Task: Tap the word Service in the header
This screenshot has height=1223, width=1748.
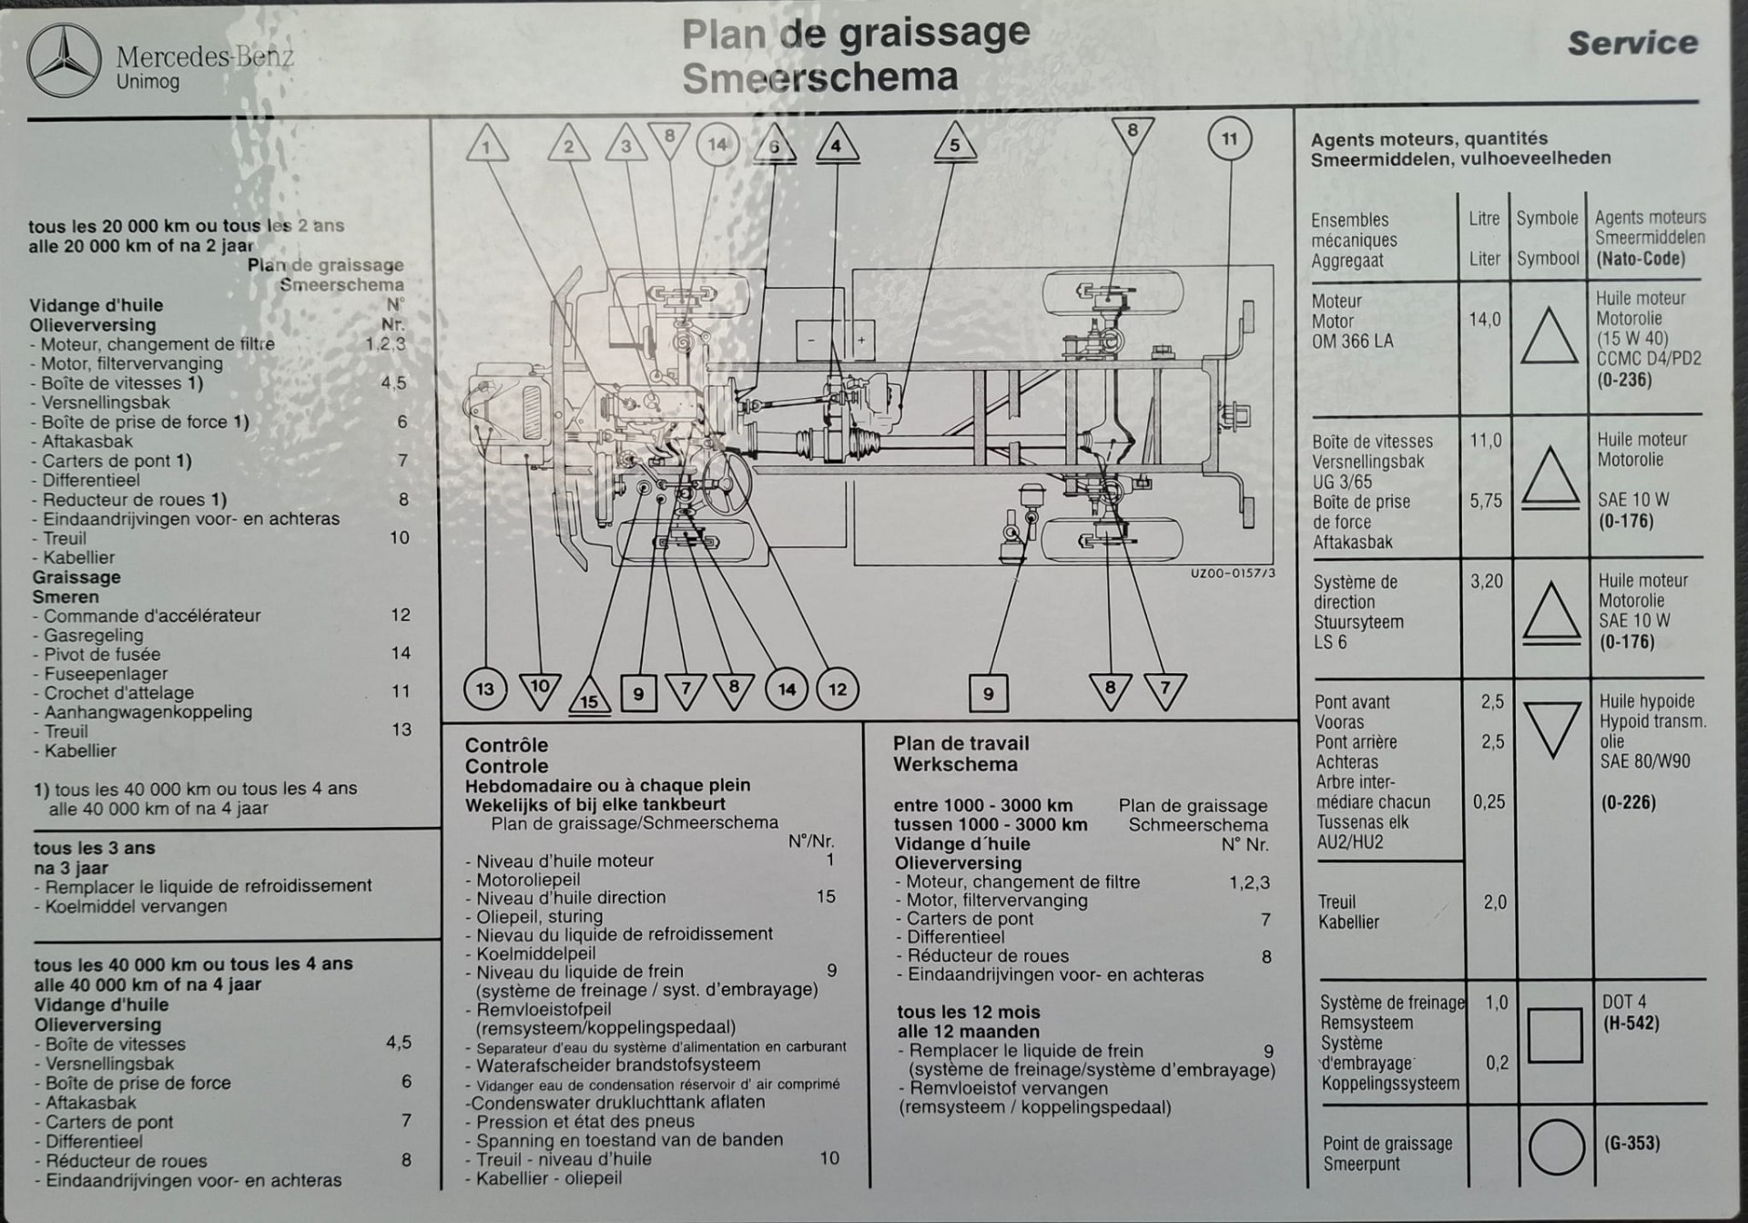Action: pyautogui.click(x=1632, y=43)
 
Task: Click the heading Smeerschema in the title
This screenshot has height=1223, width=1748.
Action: pyautogui.click(x=819, y=78)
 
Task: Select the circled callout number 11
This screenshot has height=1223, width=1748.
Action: pyautogui.click(x=1229, y=139)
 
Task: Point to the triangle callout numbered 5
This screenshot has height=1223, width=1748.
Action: pyautogui.click(x=954, y=145)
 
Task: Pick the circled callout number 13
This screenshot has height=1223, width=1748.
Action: pyautogui.click(x=485, y=689)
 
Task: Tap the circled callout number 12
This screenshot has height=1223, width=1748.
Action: pyautogui.click(x=837, y=689)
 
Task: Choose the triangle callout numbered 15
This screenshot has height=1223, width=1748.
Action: pyautogui.click(x=589, y=698)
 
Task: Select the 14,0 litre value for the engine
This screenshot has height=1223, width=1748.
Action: pyautogui.click(x=1484, y=320)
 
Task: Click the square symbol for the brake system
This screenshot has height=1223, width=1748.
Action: pyautogui.click(x=1555, y=1035)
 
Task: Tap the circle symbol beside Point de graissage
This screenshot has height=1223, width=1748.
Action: pyautogui.click(x=1556, y=1147)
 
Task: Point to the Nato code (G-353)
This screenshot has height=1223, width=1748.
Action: pyautogui.click(x=1631, y=1144)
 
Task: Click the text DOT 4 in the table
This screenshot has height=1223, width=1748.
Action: pyautogui.click(x=1624, y=1003)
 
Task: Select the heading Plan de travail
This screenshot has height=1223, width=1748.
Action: pyautogui.click(x=960, y=744)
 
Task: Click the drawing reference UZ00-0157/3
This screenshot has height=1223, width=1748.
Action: pyautogui.click(x=1233, y=574)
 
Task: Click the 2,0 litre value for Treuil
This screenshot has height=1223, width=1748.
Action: pyautogui.click(x=1495, y=902)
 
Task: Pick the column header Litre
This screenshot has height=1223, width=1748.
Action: pyautogui.click(x=1484, y=219)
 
